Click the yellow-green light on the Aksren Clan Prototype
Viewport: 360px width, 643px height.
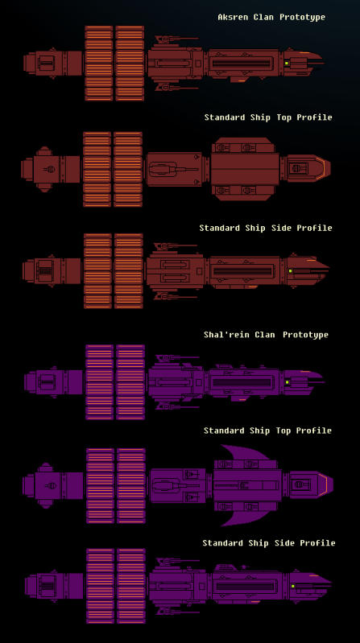click(x=287, y=63)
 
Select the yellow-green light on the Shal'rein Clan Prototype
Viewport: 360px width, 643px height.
click(x=288, y=382)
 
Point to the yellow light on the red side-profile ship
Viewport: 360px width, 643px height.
click(x=290, y=271)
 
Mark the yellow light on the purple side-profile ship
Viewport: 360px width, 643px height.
click(x=292, y=587)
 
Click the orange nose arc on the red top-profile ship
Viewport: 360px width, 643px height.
click(x=323, y=167)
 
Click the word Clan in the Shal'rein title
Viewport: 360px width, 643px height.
click(x=264, y=335)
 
